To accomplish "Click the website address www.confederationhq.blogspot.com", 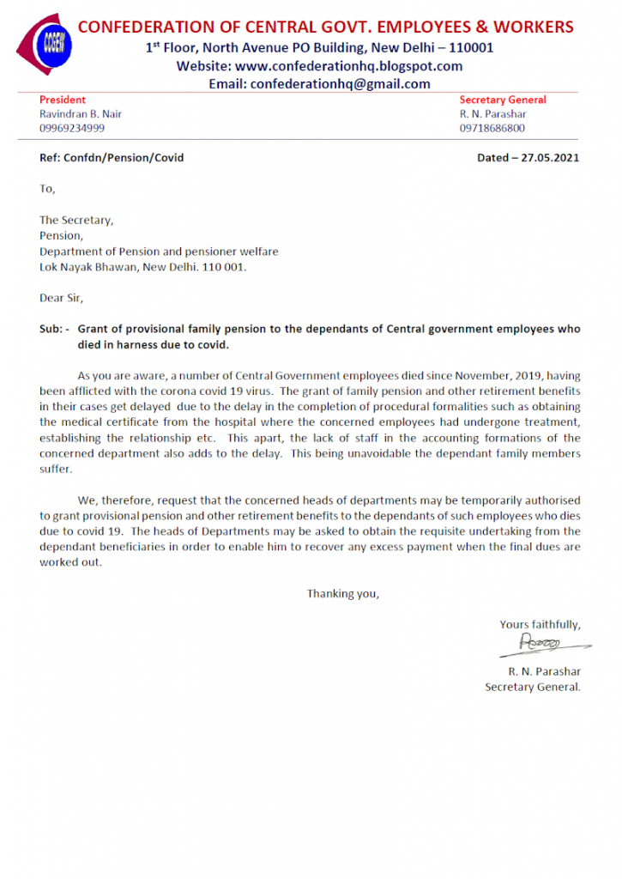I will click(x=348, y=66).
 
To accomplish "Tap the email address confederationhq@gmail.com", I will click(x=339, y=84).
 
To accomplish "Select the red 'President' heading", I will click(x=63, y=100).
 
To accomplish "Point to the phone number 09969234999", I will click(x=72, y=129).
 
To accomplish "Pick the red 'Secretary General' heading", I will click(x=502, y=100).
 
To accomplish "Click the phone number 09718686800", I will click(x=492, y=129).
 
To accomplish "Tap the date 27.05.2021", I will click(x=548, y=158).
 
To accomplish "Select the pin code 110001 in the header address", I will click(x=468, y=48).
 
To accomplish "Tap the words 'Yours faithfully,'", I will click(x=540, y=624).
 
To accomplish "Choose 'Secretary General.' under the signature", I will click(x=532, y=687).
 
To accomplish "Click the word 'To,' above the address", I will click(x=47, y=189).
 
